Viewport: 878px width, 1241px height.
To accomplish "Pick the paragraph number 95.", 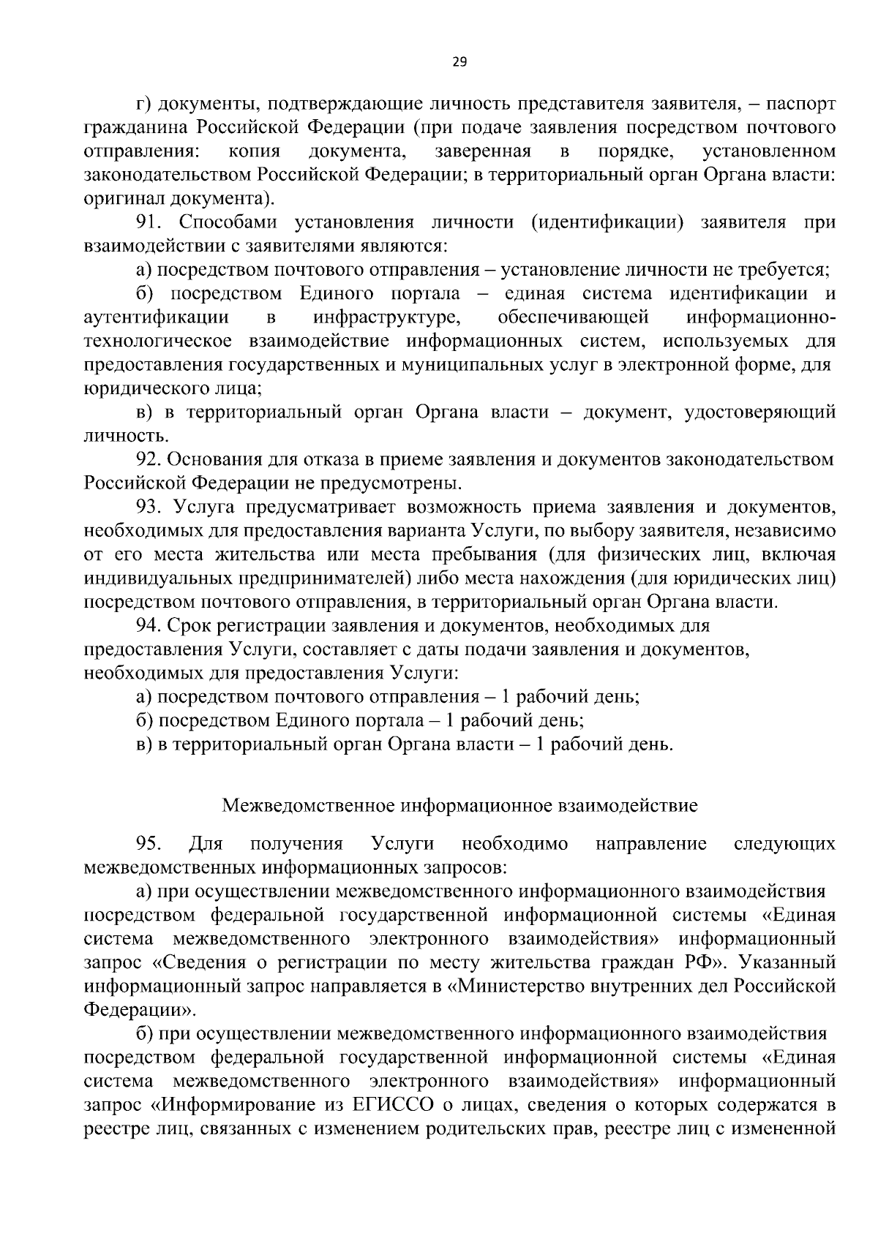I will (149, 844).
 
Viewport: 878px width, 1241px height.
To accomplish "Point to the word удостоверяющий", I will (759, 412).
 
